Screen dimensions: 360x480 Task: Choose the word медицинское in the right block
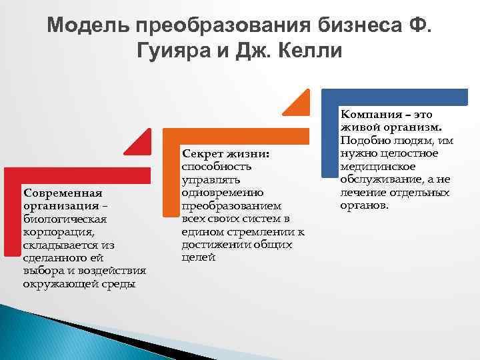pos(377,167)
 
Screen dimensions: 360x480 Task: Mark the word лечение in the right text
pos(363,193)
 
